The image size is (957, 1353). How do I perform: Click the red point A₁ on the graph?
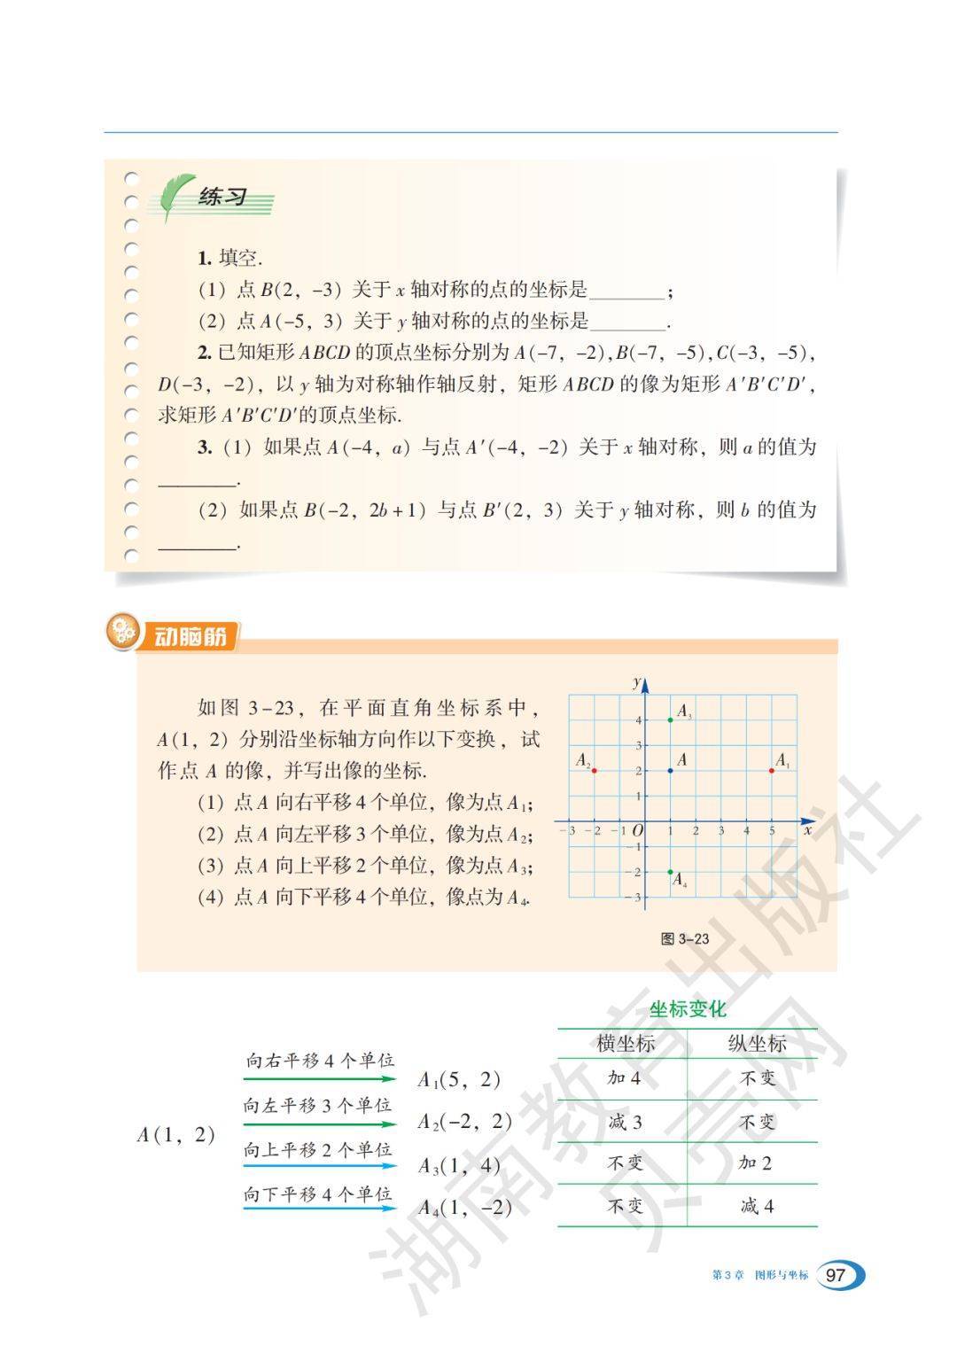(772, 771)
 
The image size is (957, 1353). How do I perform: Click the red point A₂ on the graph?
(594, 771)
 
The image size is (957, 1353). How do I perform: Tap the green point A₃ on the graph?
(670, 719)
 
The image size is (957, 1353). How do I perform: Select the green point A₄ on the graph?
(670, 872)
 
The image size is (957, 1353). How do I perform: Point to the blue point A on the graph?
(670, 771)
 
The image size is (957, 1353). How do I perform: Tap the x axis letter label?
(808, 831)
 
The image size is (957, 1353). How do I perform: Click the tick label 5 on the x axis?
(772, 831)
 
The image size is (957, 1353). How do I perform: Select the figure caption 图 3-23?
(685, 939)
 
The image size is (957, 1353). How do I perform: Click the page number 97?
(835, 1276)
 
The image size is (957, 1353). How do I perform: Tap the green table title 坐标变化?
(688, 1009)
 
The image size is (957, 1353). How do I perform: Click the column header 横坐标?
(626, 1044)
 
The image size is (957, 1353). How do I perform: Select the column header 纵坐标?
(757, 1044)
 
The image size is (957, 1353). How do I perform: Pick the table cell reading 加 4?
(625, 1077)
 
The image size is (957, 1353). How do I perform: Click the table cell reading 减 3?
(625, 1122)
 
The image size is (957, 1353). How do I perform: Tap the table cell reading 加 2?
(756, 1163)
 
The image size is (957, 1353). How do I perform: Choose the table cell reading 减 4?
(757, 1206)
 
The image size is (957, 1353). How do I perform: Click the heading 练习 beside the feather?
(222, 197)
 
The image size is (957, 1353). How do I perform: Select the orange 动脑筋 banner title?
(190, 636)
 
